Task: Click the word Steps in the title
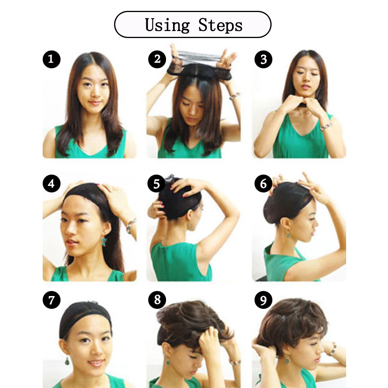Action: tap(220, 25)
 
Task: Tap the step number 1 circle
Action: tap(51, 59)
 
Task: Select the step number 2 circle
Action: tap(157, 59)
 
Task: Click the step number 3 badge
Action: tap(263, 59)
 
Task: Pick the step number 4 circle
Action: tap(51, 183)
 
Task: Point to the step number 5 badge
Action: tap(157, 184)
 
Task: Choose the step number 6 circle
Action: tap(263, 184)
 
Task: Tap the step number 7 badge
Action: tap(51, 300)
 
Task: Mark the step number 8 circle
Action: tap(157, 300)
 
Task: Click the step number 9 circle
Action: tap(263, 300)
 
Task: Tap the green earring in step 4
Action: tap(104, 242)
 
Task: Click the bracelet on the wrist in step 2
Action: tap(234, 95)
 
